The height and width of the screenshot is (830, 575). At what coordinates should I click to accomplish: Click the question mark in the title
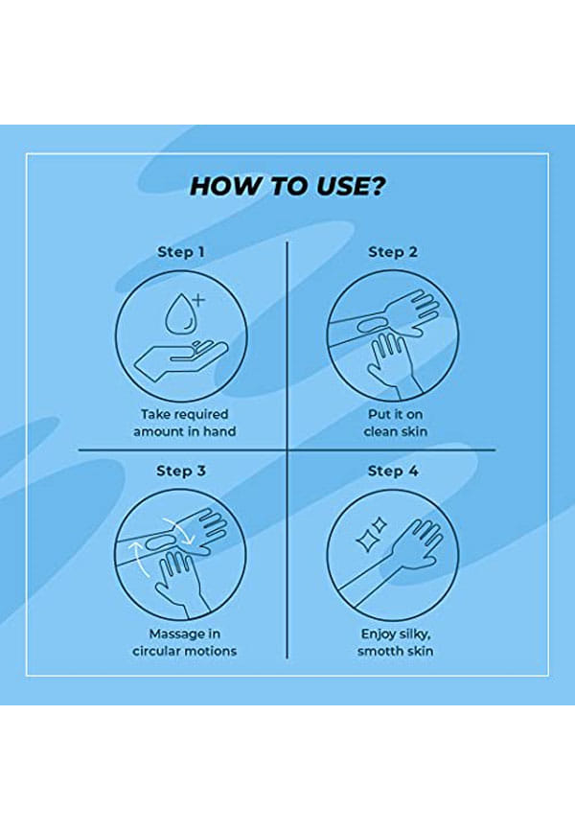[376, 186]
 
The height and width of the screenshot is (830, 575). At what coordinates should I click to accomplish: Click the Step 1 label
[180, 252]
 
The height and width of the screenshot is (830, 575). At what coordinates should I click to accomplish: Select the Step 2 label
[393, 252]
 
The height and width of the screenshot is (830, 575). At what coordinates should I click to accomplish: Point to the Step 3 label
[181, 472]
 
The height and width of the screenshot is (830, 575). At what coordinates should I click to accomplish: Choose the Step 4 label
[393, 472]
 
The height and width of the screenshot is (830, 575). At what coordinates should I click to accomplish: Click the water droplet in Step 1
[177, 314]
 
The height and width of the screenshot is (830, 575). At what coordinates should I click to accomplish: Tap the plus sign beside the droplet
[198, 300]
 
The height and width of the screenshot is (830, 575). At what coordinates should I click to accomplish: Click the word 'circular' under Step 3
[156, 651]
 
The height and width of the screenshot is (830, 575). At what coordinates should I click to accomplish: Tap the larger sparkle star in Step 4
[366, 541]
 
